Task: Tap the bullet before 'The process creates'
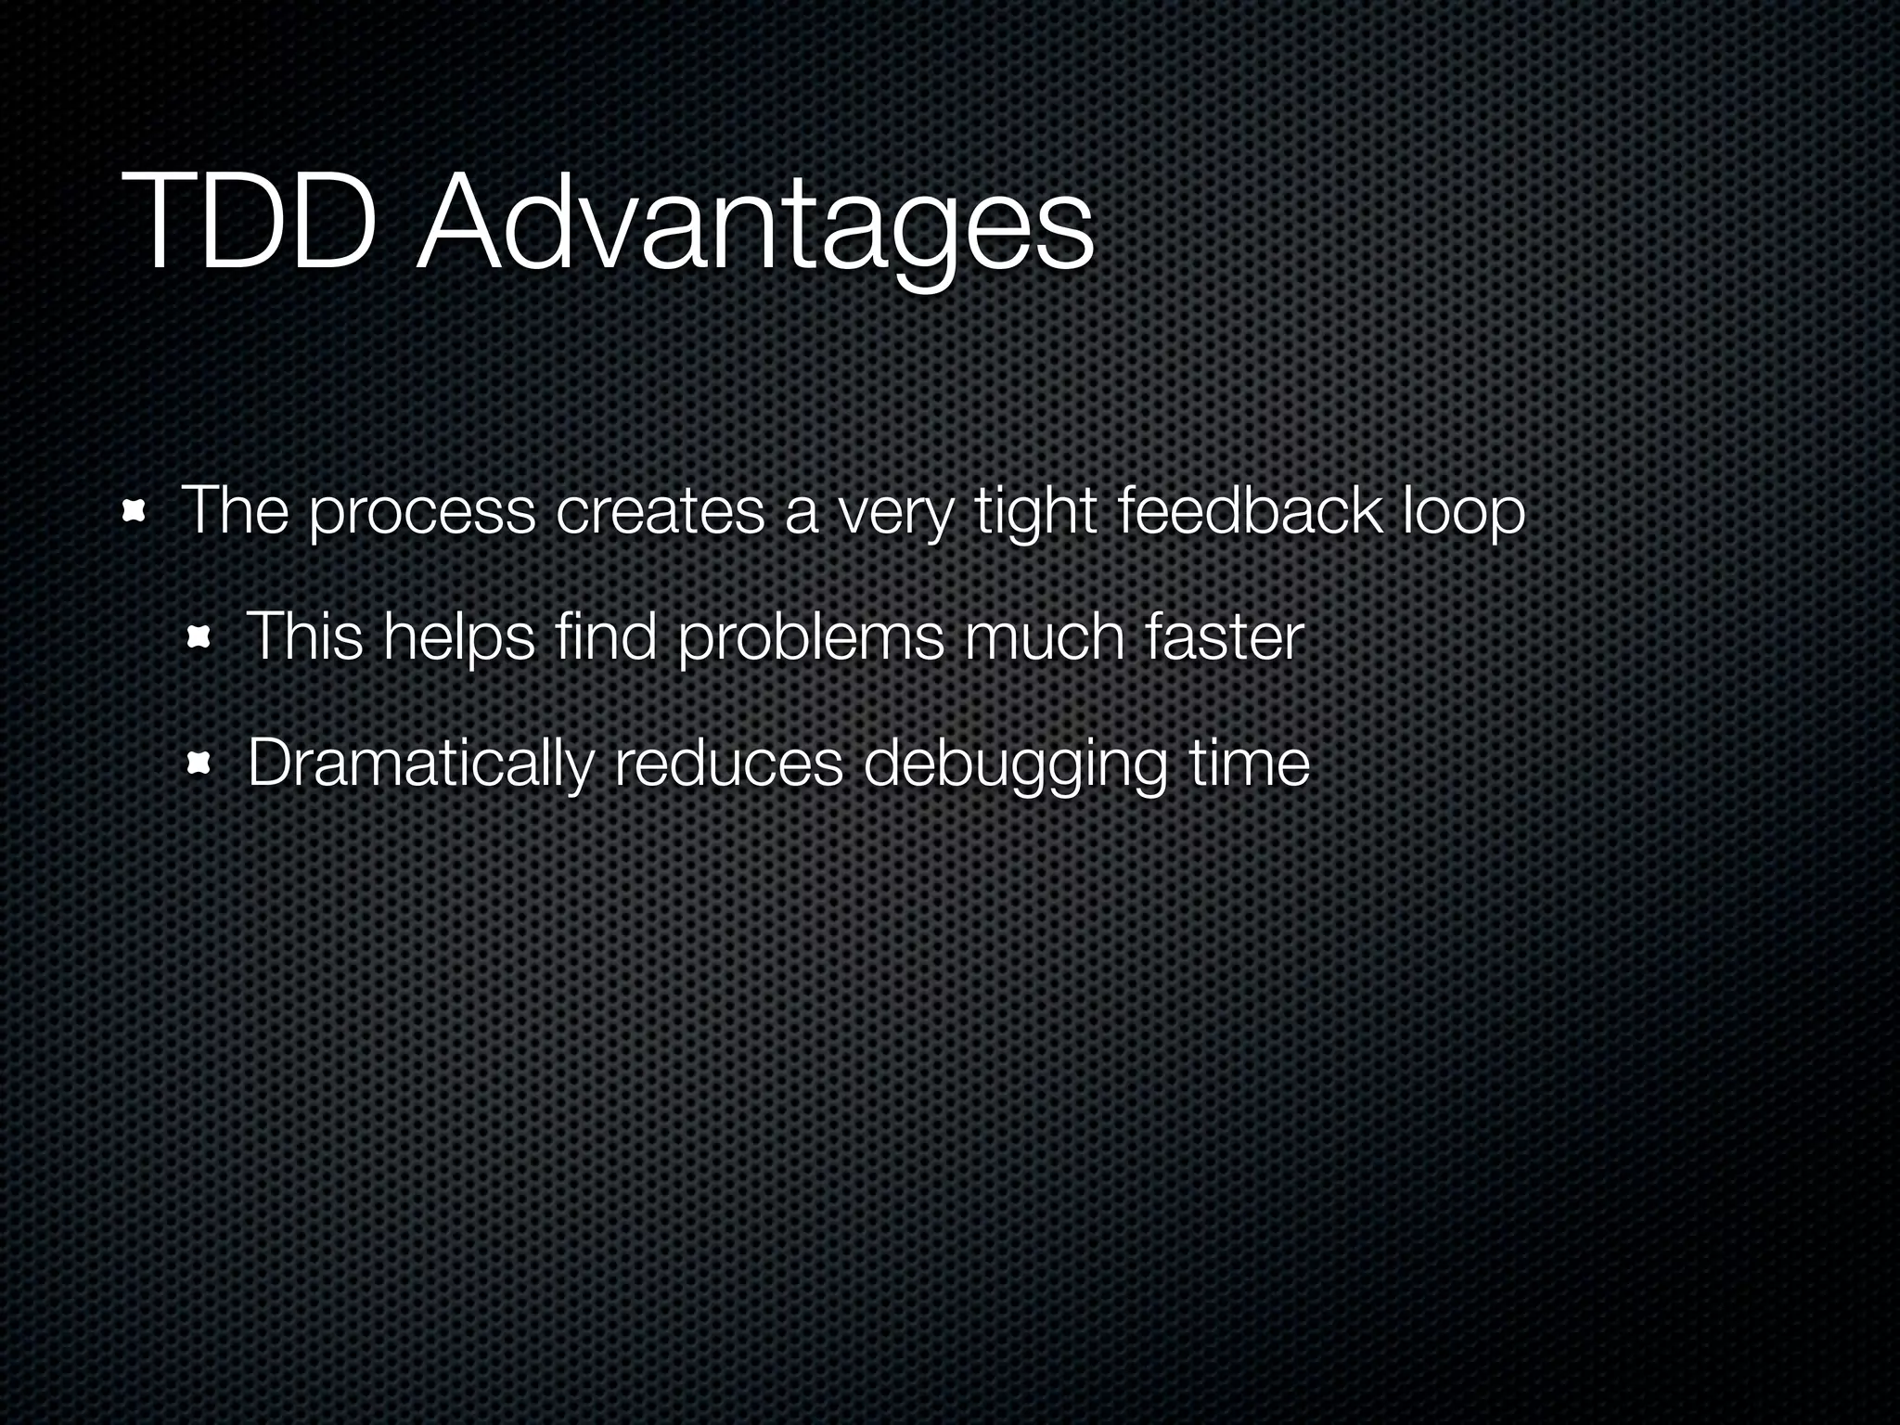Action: [x=135, y=511]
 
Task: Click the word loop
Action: [x=1463, y=513]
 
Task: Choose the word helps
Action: [x=459, y=639]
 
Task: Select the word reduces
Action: [x=728, y=764]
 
